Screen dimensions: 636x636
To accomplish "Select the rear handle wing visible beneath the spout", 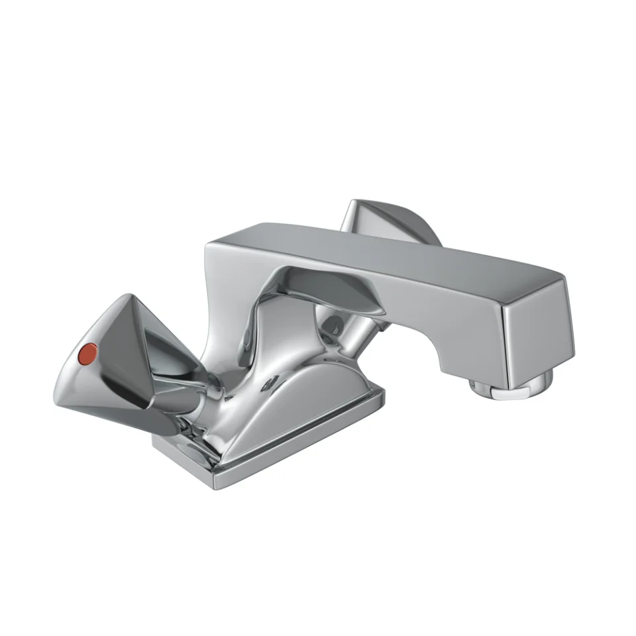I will click(344, 295).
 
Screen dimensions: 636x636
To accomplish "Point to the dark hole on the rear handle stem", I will click(334, 324).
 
